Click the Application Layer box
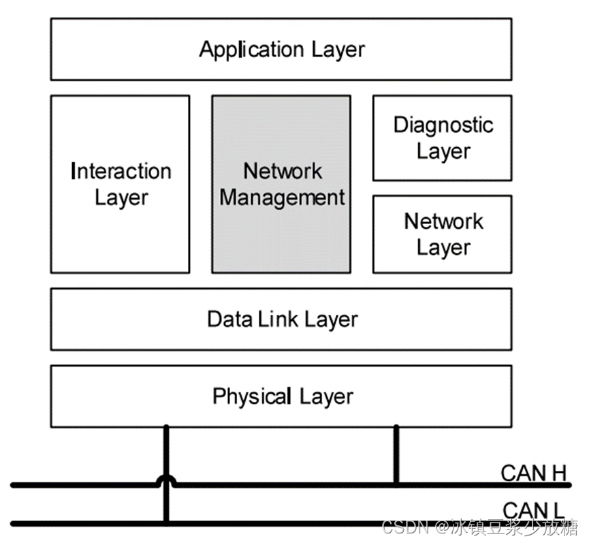281,49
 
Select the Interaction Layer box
121,184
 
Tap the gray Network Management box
281,184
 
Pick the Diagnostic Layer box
442,138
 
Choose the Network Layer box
442,234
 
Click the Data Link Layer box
281,319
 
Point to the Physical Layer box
281,396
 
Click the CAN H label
533,472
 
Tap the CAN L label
533,510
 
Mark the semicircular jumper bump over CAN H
166,480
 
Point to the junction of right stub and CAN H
396,485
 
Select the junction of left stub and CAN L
166,523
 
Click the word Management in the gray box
283,198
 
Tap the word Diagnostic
443,125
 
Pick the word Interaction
121,171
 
